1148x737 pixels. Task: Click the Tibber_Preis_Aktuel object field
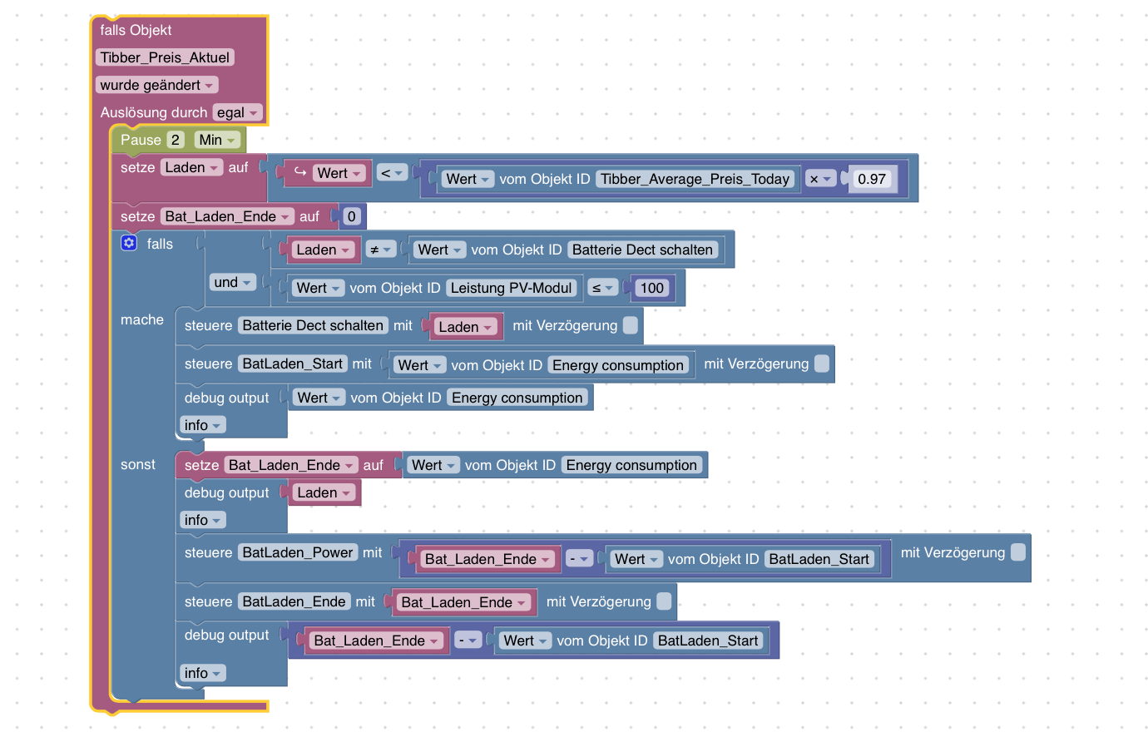165,57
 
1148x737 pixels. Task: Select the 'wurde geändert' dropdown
156,85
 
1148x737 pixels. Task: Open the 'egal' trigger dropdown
237,112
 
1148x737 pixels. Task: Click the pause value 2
175,140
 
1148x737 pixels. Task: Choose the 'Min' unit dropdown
217,140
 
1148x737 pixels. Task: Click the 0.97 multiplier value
871,179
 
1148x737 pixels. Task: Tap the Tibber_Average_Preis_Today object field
695,179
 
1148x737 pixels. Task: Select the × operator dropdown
820,179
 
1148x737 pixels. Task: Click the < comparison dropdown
391,173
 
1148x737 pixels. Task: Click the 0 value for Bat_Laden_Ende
351,216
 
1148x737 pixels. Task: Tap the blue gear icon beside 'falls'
129,243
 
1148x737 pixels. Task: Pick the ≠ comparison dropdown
380,250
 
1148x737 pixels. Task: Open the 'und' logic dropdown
232,282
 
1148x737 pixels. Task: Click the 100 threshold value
651,288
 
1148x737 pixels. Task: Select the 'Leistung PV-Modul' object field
511,288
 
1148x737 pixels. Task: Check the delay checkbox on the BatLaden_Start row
822,364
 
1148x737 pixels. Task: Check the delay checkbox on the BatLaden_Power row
1018,552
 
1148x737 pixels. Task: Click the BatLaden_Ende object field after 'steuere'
294,601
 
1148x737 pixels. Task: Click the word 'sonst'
138,464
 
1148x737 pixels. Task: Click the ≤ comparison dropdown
602,288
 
